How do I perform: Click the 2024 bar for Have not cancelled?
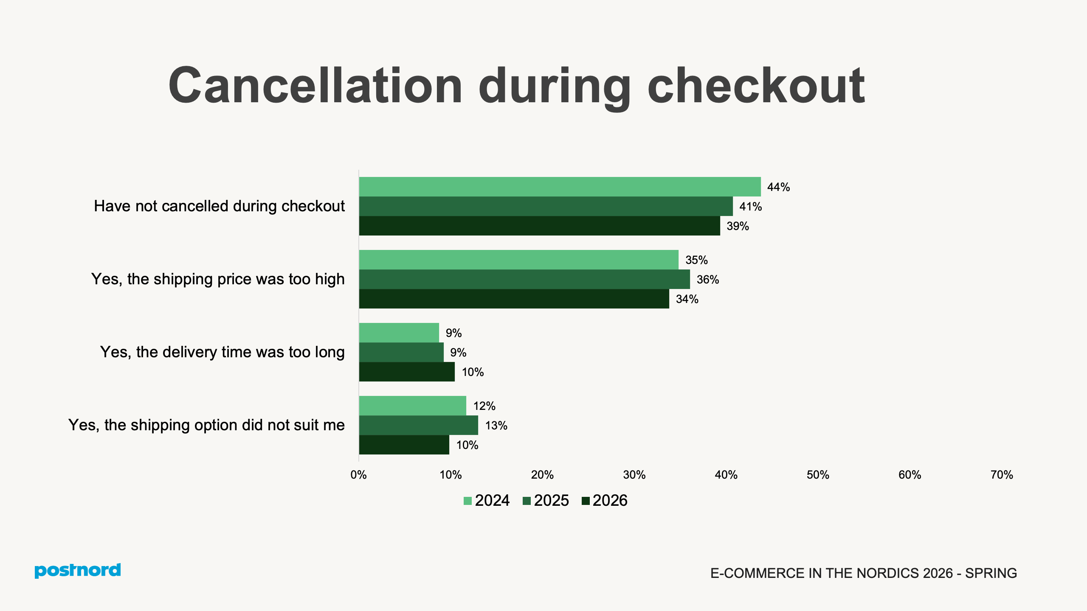pyautogui.click(x=560, y=187)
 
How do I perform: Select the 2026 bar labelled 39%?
pyautogui.click(x=539, y=226)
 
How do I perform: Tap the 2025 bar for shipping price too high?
pyautogui.click(x=524, y=279)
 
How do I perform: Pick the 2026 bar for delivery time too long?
pyautogui.click(x=407, y=372)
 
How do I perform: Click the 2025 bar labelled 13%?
pyautogui.click(x=418, y=425)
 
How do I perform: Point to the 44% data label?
pyautogui.click(x=778, y=187)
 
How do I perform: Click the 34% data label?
pyautogui.click(x=687, y=299)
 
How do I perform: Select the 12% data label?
pyautogui.click(x=484, y=406)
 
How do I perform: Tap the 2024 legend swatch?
pyautogui.click(x=467, y=501)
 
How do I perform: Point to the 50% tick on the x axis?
pyautogui.click(x=818, y=475)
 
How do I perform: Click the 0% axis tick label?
pyautogui.click(x=358, y=475)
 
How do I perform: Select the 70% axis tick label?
pyautogui.click(x=1002, y=475)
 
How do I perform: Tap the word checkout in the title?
pyautogui.click(x=756, y=86)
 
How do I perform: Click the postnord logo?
pyautogui.click(x=78, y=571)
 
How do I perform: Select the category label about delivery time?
pyautogui.click(x=222, y=352)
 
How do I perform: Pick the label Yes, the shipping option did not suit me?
pyautogui.click(x=206, y=425)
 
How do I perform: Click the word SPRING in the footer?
pyautogui.click(x=991, y=573)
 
